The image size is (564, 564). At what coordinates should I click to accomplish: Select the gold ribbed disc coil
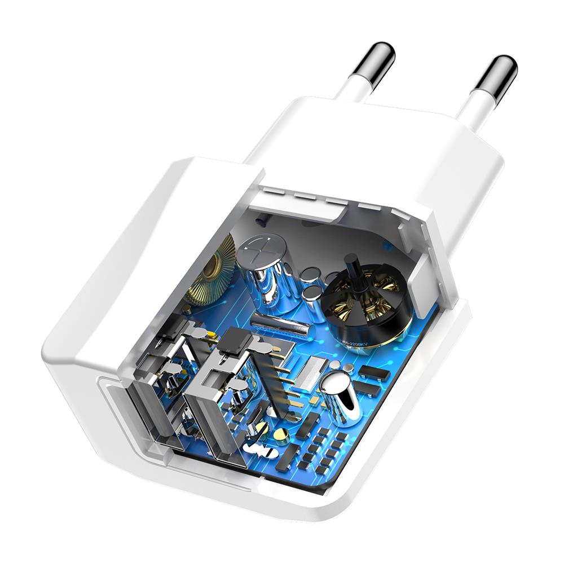[x=212, y=271]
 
